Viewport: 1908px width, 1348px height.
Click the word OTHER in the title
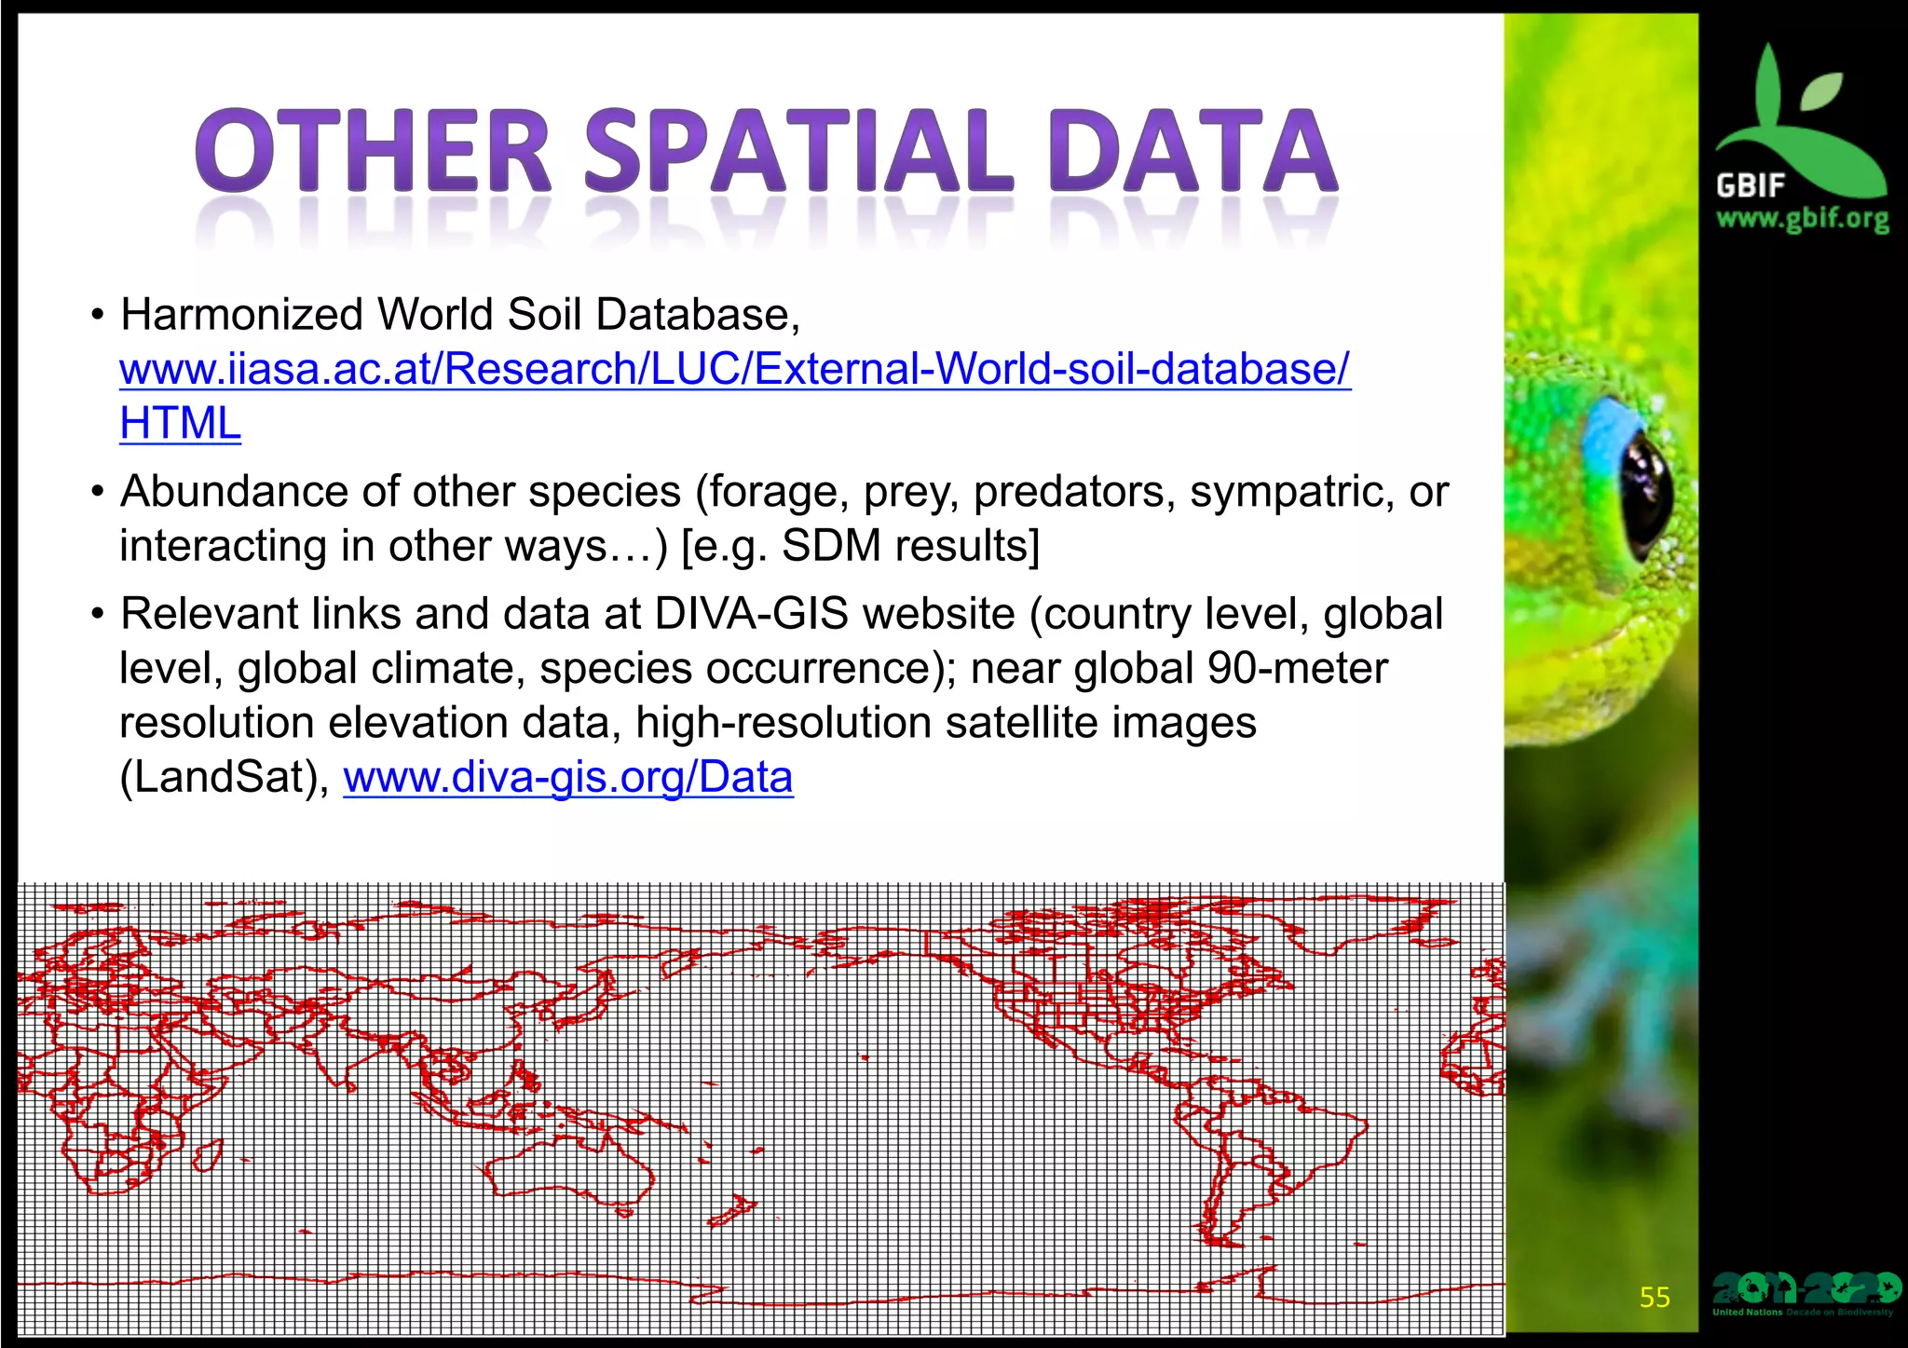click(x=374, y=151)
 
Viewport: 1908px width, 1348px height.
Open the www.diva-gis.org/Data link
click(x=568, y=777)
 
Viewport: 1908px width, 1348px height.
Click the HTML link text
click(x=180, y=424)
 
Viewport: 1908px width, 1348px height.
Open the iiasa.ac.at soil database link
click(x=734, y=369)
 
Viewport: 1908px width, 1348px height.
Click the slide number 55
click(x=1655, y=1298)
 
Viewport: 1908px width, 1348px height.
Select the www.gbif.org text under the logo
click(x=1802, y=220)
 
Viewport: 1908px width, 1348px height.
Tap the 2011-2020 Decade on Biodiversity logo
click(x=1805, y=1293)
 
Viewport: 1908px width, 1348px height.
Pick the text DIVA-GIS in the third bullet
click(x=751, y=614)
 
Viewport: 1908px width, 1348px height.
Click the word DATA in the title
click(x=1192, y=151)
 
